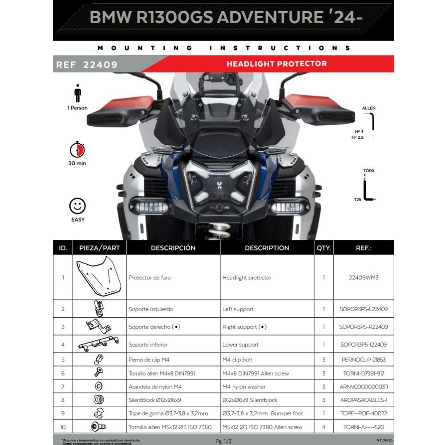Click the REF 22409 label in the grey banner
coord(86,65)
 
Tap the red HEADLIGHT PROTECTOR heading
coord(276,64)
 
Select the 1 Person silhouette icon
coord(78,94)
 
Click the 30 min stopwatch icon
coord(77,150)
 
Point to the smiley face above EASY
coord(77,206)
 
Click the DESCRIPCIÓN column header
coord(173,248)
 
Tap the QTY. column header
coord(324,248)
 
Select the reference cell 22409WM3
coord(364,277)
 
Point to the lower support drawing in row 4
coord(99,344)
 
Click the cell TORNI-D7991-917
coord(364,373)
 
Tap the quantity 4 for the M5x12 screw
coord(324,427)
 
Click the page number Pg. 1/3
coord(224,441)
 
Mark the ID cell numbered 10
coord(63,427)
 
